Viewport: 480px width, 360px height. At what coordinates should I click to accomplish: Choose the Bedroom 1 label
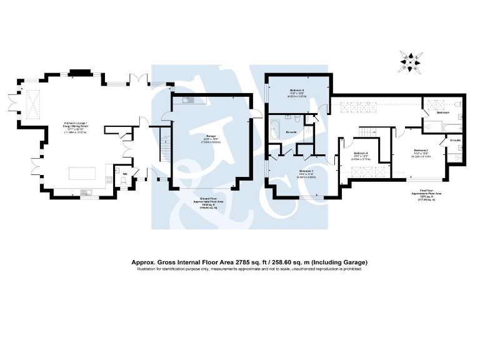click(306, 171)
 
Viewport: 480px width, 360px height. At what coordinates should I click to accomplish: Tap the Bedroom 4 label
click(361, 153)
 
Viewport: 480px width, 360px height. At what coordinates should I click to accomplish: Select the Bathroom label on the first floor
click(442, 112)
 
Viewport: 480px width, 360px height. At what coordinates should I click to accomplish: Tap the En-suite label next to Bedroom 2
click(454, 141)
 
